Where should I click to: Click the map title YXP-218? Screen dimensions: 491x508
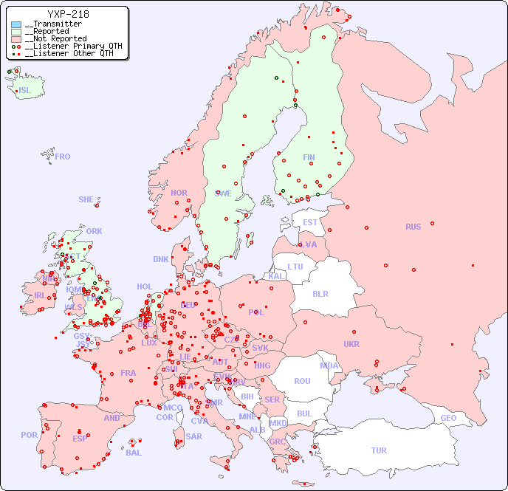(x=68, y=14)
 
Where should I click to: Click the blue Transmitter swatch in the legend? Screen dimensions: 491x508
(x=16, y=24)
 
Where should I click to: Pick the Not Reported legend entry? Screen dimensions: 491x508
(x=55, y=38)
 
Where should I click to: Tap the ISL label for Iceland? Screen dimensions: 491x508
(x=25, y=91)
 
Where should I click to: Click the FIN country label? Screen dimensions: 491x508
(x=309, y=157)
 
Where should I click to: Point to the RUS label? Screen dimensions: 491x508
(x=413, y=227)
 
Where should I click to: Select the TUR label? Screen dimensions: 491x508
(x=379, y=450)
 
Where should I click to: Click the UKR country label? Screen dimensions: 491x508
(x=351, y=344)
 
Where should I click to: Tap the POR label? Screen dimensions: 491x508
(x=29, y=435)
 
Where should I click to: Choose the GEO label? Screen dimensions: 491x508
(x=448, y=418)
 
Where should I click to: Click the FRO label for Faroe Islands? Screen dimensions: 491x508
(x=63, y=157)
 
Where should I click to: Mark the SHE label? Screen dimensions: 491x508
(x=86, y=199)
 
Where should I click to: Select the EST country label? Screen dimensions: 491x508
(x=310, y=222)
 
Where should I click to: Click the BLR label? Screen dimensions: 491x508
(x=320, y=293)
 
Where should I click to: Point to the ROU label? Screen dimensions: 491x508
(x=302, y=381)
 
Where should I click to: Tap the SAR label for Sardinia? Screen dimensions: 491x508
(x=194, y=436)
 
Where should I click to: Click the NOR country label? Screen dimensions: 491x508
(x=179, y=193)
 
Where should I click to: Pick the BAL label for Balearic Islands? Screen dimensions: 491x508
(x=134, y=453)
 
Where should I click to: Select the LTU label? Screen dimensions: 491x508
(x=295, y=267)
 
